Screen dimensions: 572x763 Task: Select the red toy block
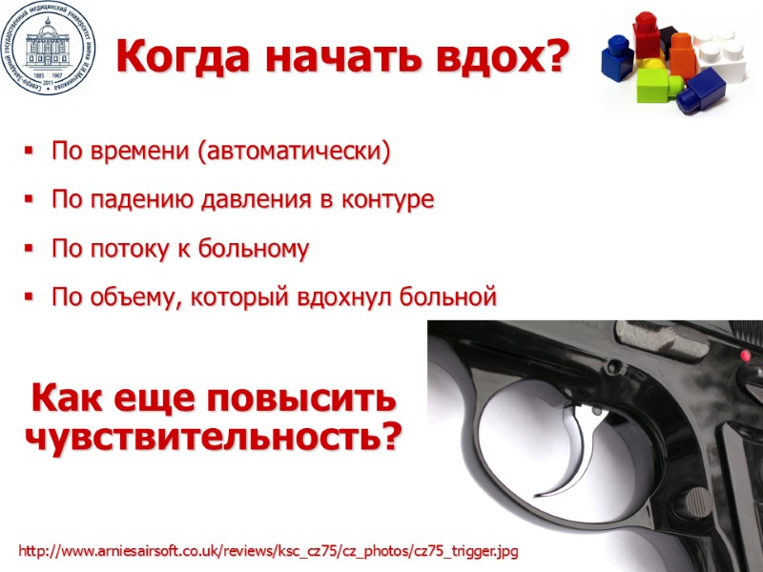click(x=648, y=32)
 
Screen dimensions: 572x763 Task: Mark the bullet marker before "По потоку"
click(x=28, y=250)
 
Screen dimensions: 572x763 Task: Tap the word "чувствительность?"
click(x=213, y=437)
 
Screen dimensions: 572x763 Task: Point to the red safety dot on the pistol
click(x=745, y=356)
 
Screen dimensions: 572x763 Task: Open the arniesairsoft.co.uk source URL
click(x=269, y=552)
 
